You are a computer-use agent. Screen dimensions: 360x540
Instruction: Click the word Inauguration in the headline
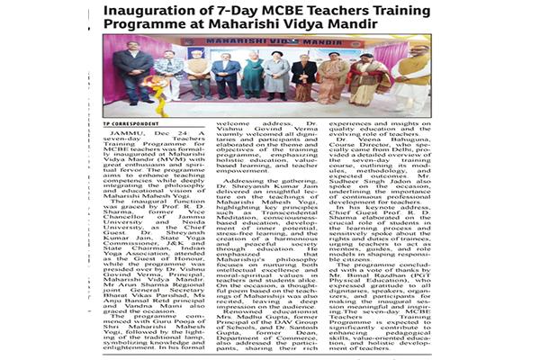click(x=157, y=12)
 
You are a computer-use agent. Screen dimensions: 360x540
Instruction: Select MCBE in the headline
click(x=310, y=12)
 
